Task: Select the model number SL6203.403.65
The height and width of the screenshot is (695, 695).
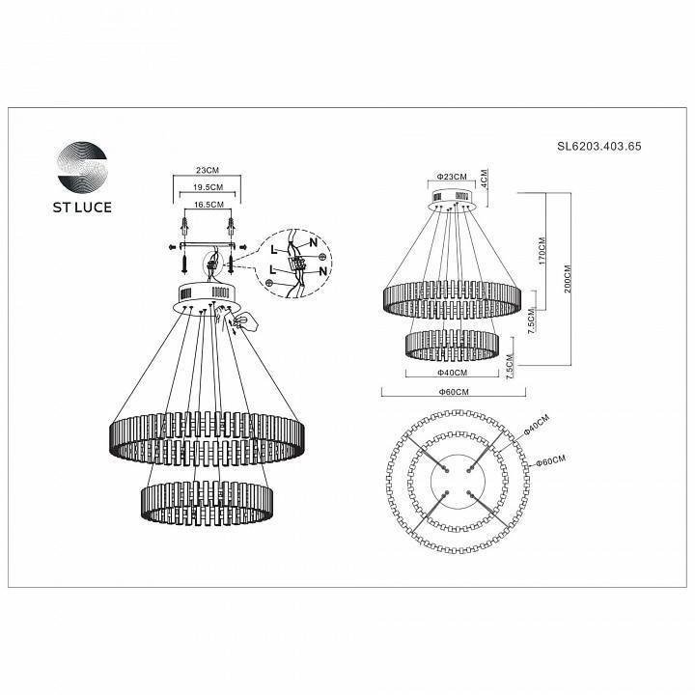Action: click(x=599, y=147)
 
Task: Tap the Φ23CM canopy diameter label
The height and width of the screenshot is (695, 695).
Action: click(x=452, y=177)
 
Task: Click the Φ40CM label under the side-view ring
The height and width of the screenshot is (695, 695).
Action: click(x=452, y=373)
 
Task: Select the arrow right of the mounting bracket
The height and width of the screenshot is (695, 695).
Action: click(x=244, y=247)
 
